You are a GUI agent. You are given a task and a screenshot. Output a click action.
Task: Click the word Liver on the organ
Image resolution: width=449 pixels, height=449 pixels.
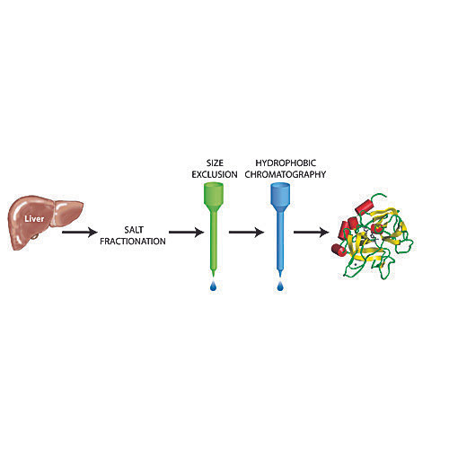click(34, 219)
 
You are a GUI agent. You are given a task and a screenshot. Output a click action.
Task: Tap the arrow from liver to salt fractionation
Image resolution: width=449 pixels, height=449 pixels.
click(80, 232)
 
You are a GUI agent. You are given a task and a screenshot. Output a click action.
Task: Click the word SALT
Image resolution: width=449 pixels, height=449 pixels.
click(134, 230)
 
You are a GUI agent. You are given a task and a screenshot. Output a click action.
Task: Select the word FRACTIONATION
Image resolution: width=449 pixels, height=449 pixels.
click(133, 242)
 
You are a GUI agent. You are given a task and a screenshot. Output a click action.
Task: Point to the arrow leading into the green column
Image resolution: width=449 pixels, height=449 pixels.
click(187, 232)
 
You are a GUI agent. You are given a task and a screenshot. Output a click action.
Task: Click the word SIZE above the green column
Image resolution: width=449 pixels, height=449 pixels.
click(215, 163)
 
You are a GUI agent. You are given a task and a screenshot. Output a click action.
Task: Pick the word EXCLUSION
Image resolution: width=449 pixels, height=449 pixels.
click(215, 174)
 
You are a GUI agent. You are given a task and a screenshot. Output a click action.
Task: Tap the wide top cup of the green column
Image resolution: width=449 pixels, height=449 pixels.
click(214, 194)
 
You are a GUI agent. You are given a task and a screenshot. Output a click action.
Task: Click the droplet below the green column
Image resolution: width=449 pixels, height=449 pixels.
click(213, 286)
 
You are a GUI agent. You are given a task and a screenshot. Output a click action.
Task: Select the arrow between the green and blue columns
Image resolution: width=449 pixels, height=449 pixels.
click(247, 232)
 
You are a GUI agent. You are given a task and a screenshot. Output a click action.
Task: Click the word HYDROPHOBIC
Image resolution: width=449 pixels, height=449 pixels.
click(286, 163)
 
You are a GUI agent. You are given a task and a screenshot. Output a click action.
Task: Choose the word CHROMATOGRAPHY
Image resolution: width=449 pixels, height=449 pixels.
click(286, 174)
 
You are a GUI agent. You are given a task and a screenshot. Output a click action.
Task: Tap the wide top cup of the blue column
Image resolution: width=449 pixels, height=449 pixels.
click(280, 194)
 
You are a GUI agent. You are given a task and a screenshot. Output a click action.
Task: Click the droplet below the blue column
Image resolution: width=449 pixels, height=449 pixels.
click(280, 286)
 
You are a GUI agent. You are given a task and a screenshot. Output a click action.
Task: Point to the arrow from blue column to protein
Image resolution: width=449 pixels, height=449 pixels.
click(312, 232)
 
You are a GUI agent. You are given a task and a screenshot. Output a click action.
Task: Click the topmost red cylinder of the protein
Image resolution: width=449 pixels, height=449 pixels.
click(365, 207)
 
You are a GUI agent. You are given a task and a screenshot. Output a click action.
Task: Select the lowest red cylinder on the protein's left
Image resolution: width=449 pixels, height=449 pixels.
click(339, 250)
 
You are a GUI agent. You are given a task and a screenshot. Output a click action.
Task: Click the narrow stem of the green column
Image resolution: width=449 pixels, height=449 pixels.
click(214, 240)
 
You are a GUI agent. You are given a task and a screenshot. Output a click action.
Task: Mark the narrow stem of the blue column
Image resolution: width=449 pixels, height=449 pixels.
click(280, 240)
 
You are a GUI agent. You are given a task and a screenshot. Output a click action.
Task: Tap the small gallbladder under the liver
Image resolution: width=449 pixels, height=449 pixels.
click(35, 237)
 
